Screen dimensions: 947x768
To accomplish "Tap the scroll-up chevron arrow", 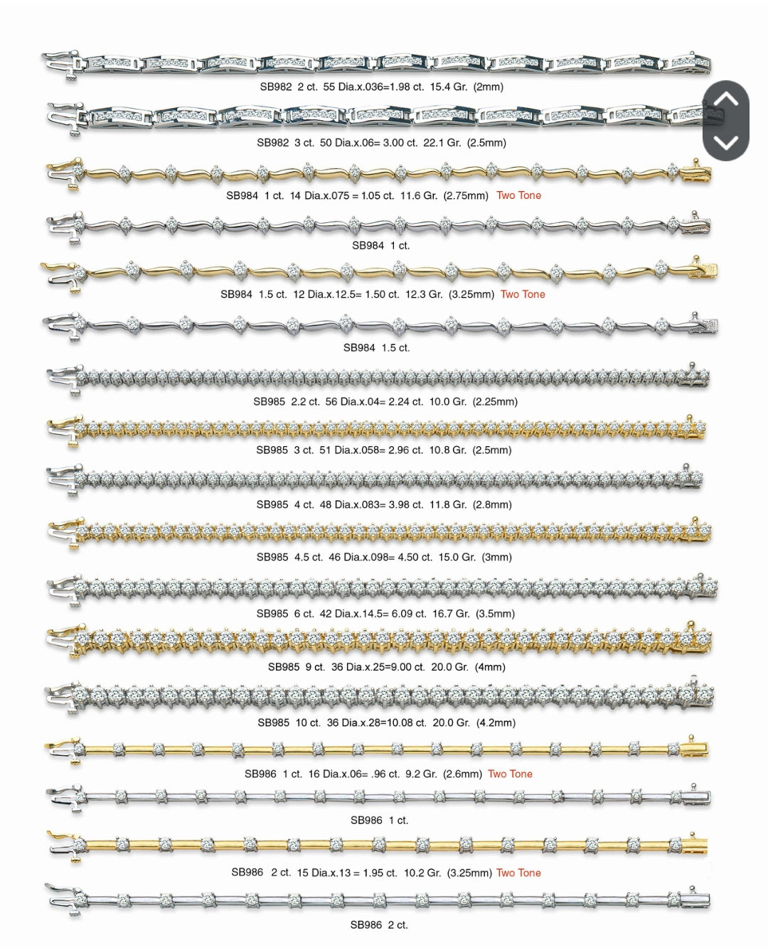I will [725, 99].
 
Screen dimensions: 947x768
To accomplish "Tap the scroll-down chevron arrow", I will [725, 143].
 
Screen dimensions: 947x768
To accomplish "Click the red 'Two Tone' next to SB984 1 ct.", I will [518, 195].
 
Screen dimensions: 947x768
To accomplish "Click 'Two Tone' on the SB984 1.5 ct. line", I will [523, 294].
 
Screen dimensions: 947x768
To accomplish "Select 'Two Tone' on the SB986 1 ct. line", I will [510, 774].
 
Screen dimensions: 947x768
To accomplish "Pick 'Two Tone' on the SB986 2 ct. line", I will [518, 872].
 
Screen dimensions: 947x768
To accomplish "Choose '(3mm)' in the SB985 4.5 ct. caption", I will [496, 557].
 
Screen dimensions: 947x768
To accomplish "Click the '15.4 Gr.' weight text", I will [447, 87].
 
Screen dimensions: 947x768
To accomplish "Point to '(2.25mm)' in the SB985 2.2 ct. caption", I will [495, 401].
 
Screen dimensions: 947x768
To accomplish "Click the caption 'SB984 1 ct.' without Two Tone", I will [380, 245].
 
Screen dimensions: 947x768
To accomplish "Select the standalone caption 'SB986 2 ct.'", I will [379, 924].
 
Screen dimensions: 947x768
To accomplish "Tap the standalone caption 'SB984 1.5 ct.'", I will [376, 347].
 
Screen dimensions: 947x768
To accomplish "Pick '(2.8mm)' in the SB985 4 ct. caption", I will [492, 504].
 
